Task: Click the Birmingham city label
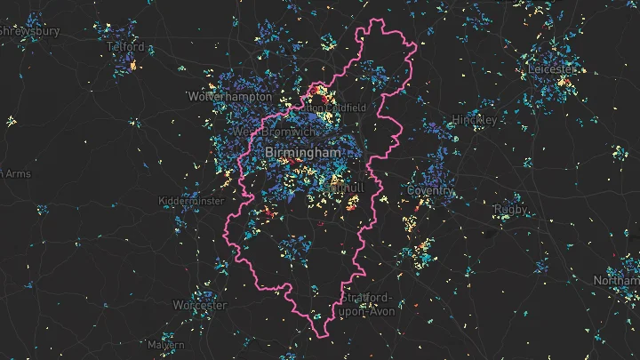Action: tap(303, 153)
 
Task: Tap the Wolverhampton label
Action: tap(230, 95)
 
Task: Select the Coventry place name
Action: tap(431, 190)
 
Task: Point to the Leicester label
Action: tap(552, 69)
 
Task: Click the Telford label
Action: tap(124, 46)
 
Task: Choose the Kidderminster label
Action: tap(191, 202)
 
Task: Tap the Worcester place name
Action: tap(200, 305)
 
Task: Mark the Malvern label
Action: tap(166, 344)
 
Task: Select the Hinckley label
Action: tap(474, 119)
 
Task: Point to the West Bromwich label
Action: tap(273, 132)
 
